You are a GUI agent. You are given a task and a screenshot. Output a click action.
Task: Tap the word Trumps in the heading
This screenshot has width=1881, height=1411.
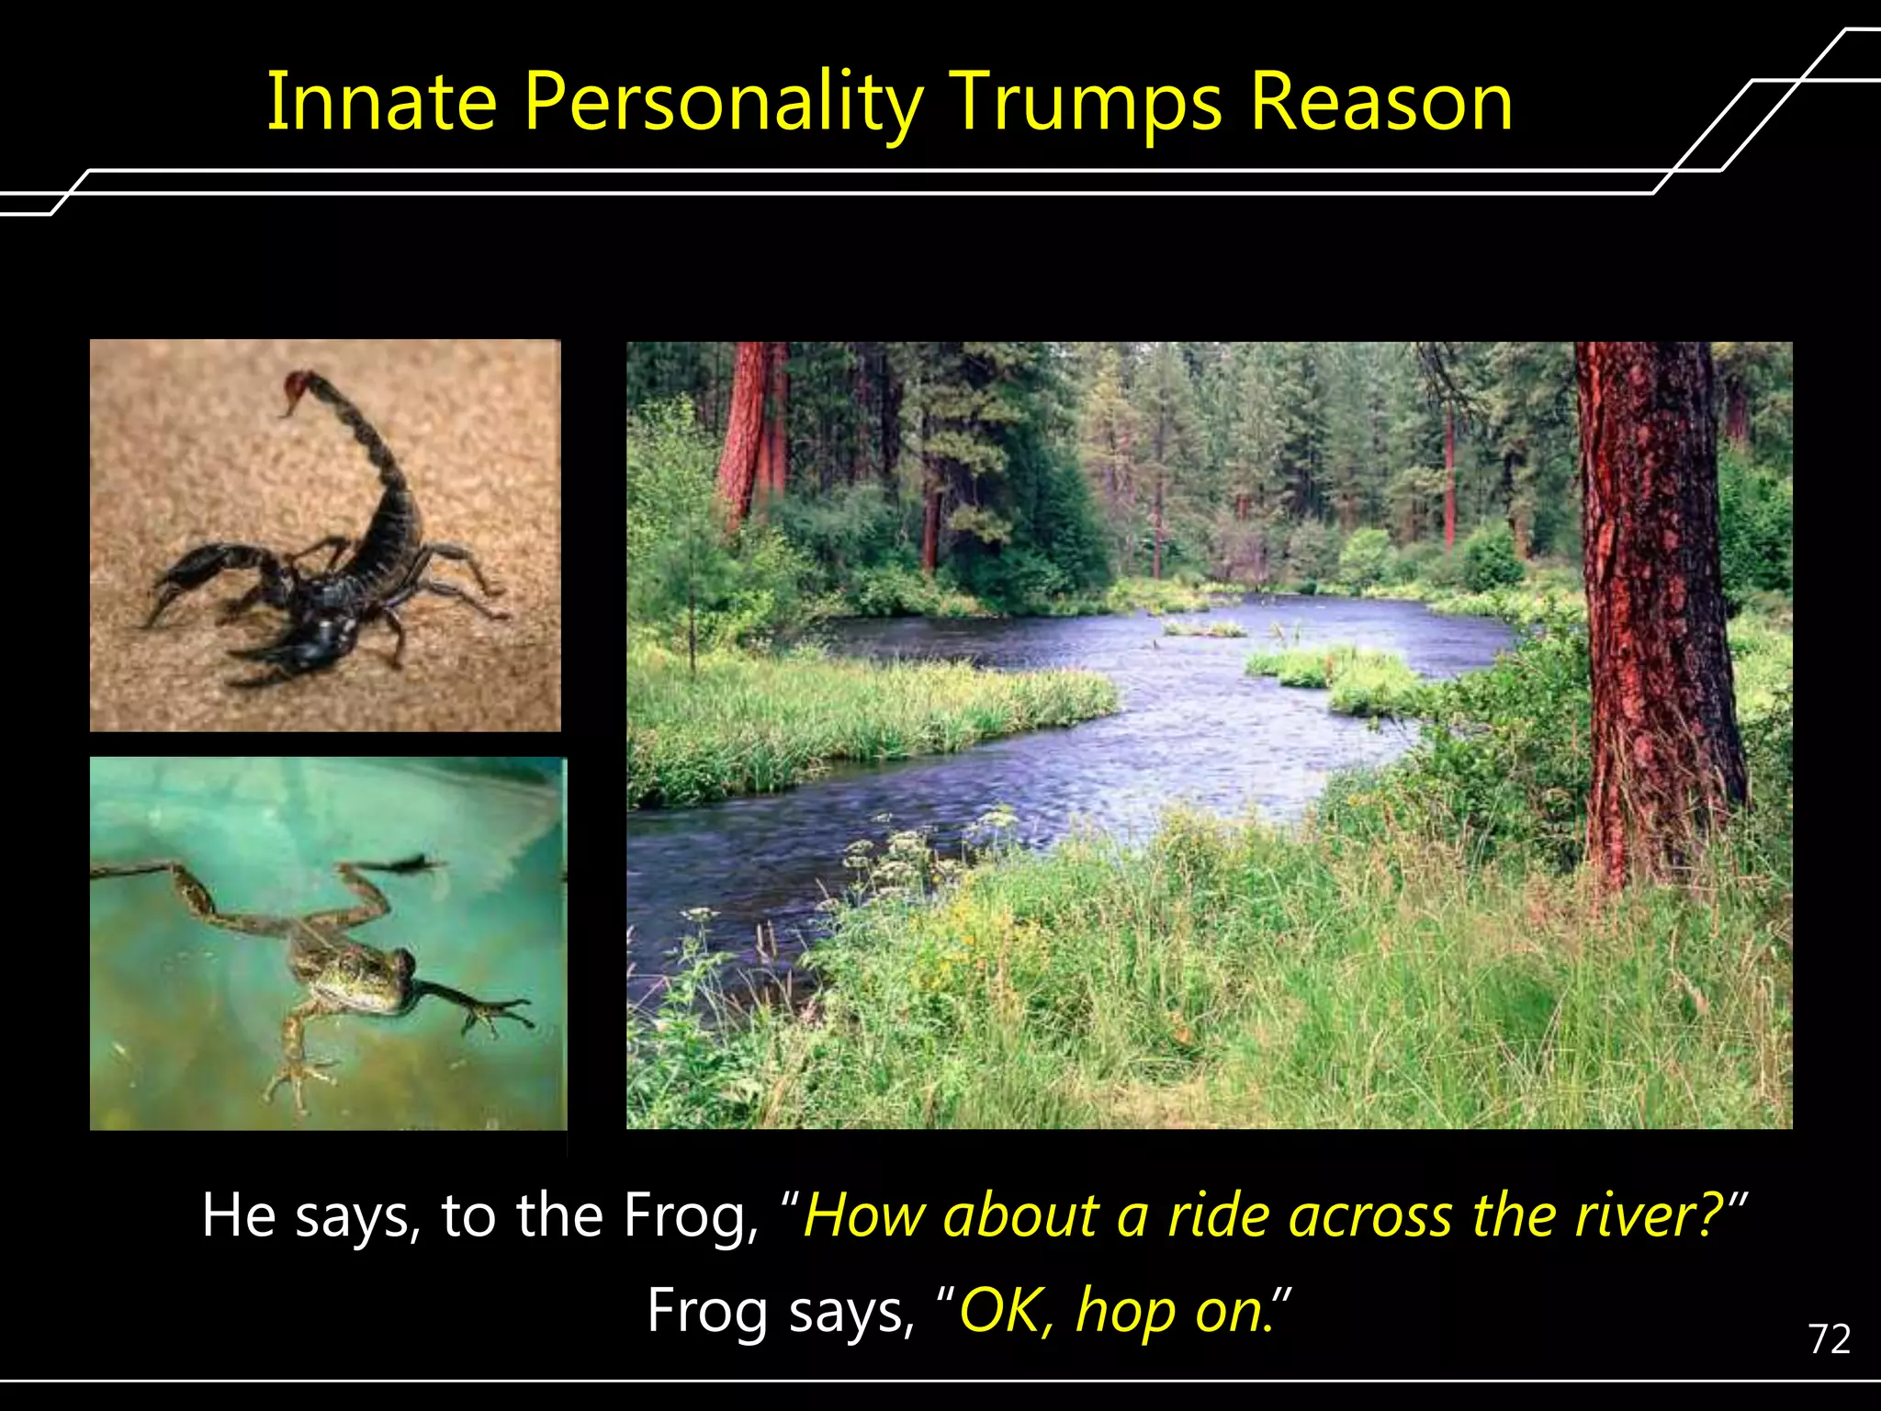pyautogui.click(x=1087, y=103)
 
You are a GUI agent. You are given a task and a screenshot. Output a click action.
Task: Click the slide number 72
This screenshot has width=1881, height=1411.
pyautogui.click(x=1829, y=1339)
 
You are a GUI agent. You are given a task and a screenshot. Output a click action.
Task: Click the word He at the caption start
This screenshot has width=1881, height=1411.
pyautogui.click(x=238, y=1214)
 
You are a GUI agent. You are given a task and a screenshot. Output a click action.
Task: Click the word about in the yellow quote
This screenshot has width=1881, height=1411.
pyautogui.click(x=1021, y=1214)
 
